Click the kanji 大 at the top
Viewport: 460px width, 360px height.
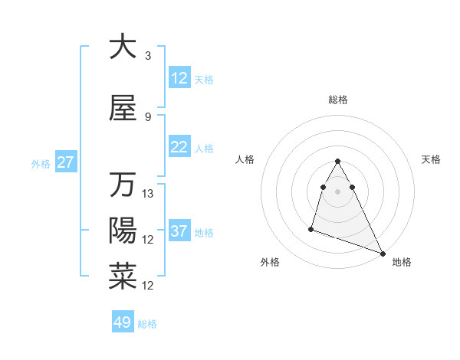tap(123, 47)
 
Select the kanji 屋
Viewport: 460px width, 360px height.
tap(123, 109)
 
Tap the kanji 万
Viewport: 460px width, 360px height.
tap(123, 185)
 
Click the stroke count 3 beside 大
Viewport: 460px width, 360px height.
tap(148, 56)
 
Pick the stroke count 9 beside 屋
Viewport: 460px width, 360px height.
tap(148, 117)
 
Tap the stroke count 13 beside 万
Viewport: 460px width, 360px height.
tap(149, 194)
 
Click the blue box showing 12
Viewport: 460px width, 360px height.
tap(179, 77)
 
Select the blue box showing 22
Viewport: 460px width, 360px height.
tap(179, 147)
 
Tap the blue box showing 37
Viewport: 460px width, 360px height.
tap(179, 231)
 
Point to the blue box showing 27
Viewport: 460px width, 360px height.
tap(65, 162)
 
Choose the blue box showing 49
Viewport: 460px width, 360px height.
tap(123, 322)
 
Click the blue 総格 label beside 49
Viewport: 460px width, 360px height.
tap(147, 324)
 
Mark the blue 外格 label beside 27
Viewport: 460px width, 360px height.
tap(41, 163)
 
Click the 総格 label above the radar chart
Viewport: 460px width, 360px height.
tap(338, 100)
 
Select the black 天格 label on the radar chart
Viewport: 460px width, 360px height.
tap(432, 159)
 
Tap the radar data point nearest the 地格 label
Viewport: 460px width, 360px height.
tap(383, 253)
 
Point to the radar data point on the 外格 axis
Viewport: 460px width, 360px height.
tap(311, 227)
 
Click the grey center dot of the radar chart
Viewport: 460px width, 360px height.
tap(338, 191)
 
